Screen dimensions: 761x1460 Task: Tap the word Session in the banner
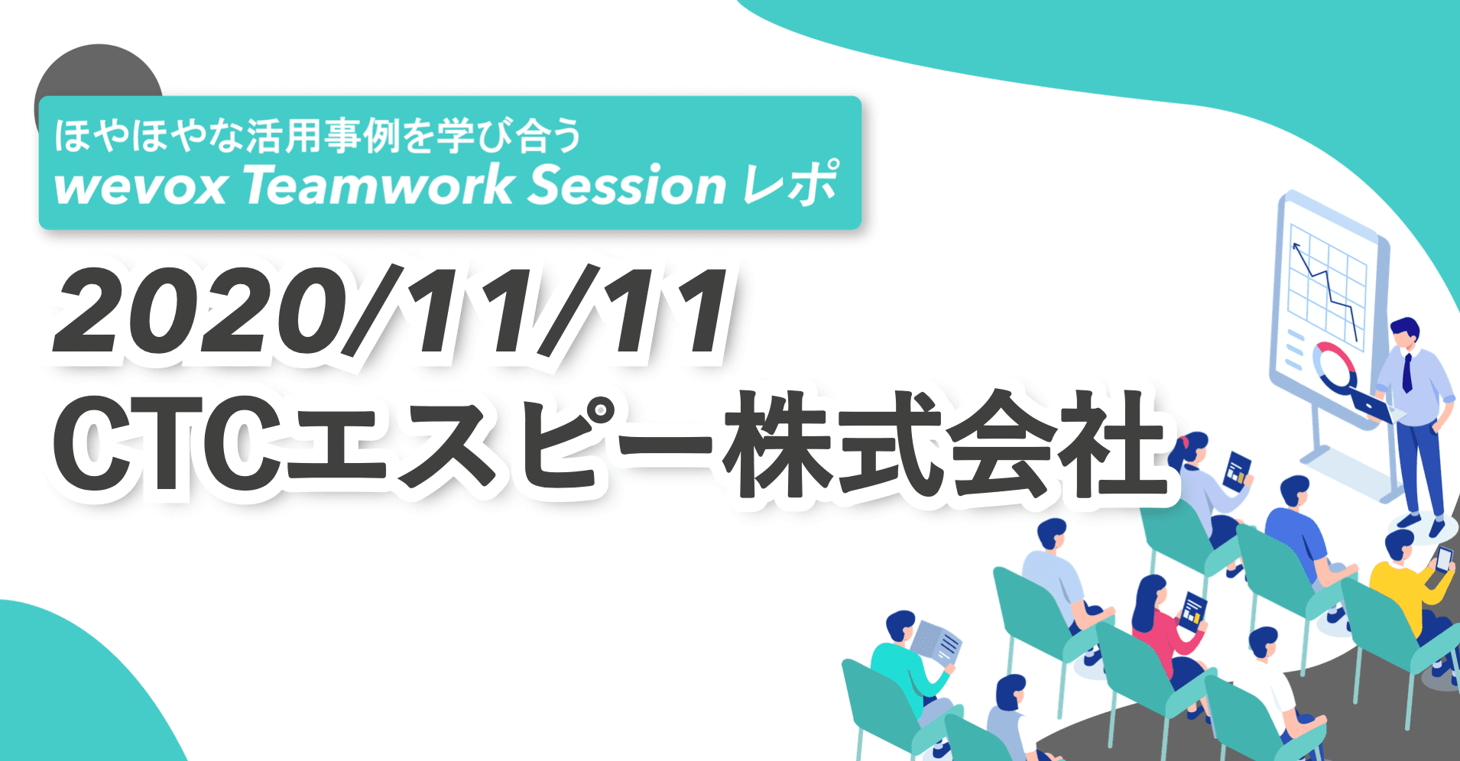click(x=627, y=186)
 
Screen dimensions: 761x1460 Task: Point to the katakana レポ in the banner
click(x=792, y=184)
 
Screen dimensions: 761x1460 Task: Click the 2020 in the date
click(x=191, y=312)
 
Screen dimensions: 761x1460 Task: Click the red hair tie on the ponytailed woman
click(x=1184, y=442)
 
